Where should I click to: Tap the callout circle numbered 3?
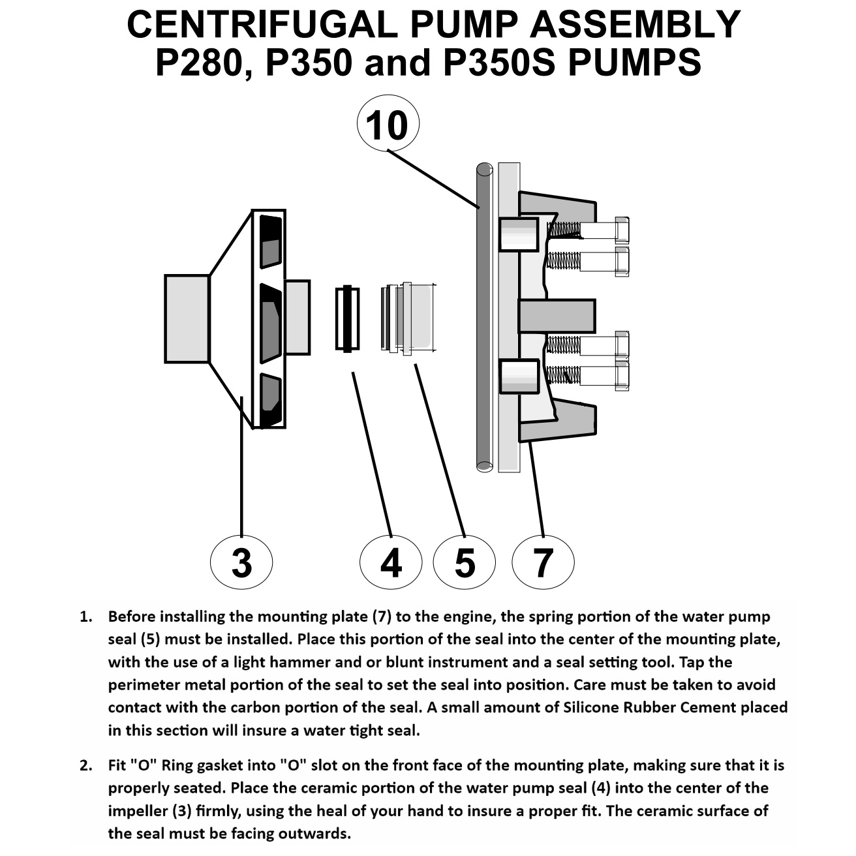pyautogui.click(x=241, y=562)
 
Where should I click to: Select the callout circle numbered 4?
pyautogui.click(x=391, y=562)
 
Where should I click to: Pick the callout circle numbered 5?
pyautogui.click(x=465, y=562)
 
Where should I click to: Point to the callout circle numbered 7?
pyautogui.click(x=543, y=562)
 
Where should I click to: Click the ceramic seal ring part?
pyautogui.click(x=347, y=319)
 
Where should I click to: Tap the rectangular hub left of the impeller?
pyautogui.click(x=187, y=319)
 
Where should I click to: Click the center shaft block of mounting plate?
pyautogui.click(x=557, y=315)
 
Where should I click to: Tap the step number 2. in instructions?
pyautogui.click(x=86, y=765)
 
